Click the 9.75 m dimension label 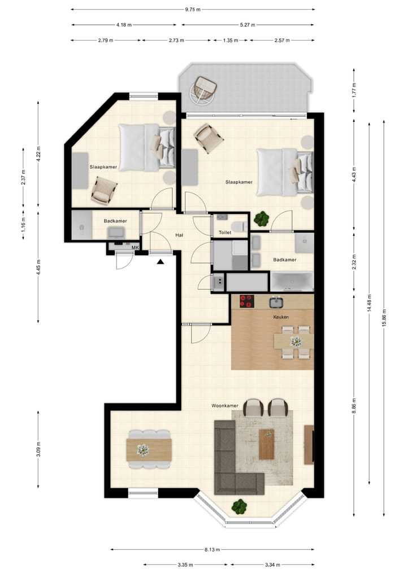[x=193, y=10]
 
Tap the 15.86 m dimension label [x=384, y=318]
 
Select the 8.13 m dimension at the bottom [x=213, y=549]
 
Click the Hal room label [x=179, y=235]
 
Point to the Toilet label [x=224, y=232]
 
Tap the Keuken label [x=281, y=317]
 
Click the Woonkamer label [x=223, y=406]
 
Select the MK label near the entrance [x=135, y=247]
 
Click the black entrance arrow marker [x=161, y=261]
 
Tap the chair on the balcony [x=203, y=89]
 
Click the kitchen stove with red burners [x=247, y=301]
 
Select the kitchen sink [x=276, y=302]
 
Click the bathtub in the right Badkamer [x=292, y=281]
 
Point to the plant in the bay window [x=240, y=506]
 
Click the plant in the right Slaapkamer [x=262, y=218]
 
